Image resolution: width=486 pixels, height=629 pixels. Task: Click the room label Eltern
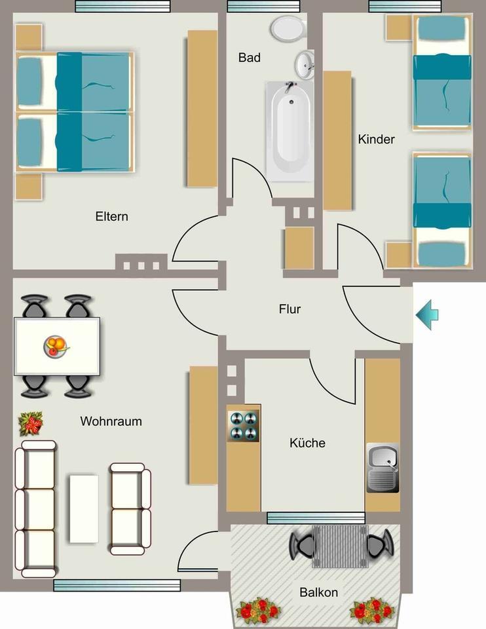coord(111,216)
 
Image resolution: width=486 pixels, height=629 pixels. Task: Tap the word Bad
coord(249,58)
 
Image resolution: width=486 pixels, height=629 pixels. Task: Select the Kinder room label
coord(376,139)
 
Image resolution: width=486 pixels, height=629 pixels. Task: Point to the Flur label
coord(290,309)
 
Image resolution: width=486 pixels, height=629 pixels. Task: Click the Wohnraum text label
coord(111,421)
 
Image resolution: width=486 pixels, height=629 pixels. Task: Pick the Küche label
coord(307,443)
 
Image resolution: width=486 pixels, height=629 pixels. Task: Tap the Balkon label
coord(319,592)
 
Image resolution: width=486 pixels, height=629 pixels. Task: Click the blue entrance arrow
coord(426,315)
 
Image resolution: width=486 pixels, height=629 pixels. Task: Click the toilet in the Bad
coord(288,28)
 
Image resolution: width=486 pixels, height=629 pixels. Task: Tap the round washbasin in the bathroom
coord(305,64)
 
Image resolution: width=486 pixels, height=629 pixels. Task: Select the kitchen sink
coord(382,467)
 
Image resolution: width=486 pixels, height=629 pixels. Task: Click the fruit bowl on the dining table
coord(56,345)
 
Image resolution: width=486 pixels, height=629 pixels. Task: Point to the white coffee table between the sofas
coord(83,508)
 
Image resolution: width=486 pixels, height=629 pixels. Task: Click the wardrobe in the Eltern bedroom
coord(202,108)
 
